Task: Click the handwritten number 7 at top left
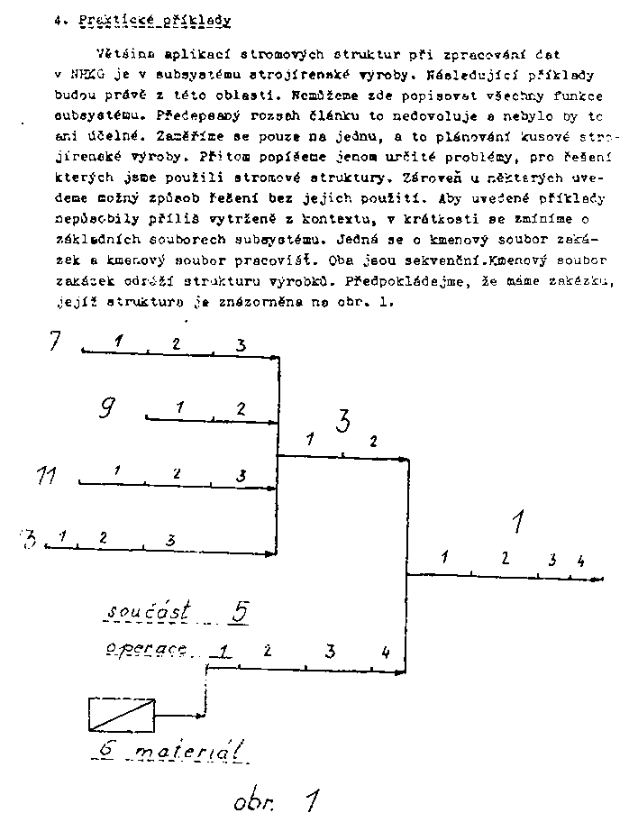pyautogui.click(x=55, y=342)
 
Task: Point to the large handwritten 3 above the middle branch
pyautogui.click(x=343, y=421)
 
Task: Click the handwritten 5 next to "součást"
pyautogui.click(x=239, y=611)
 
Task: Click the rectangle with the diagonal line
pyautogui.click(x=122, y=714)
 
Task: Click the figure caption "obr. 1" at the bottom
pyautogui.click(x=275, y=799)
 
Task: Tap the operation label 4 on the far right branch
pyautogui.click(x=580, y=561)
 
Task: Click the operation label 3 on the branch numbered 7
pyautogui.click(x=241, y=344)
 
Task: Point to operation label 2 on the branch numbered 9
pyautogui.click(x=241, y=408)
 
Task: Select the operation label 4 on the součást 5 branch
pyautogui.click(x=385, y=651)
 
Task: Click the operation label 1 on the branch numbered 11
pyautogui.click(x=117, y=470)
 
